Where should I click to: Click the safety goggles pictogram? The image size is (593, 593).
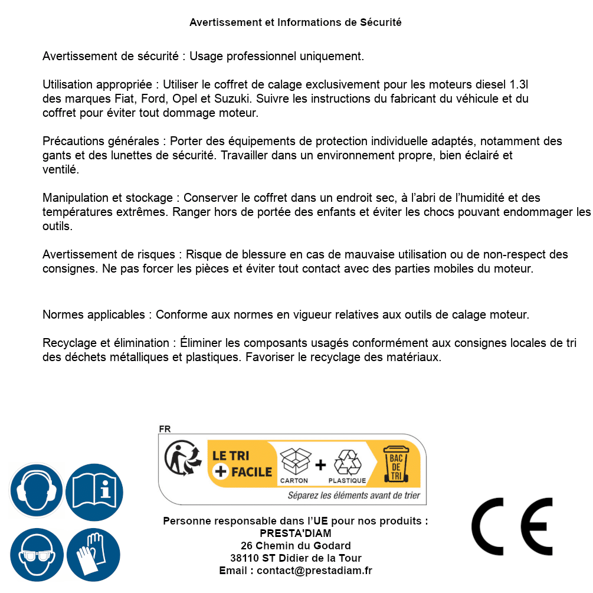[x=36, y=555]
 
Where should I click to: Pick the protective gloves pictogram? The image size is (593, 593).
[x=93, y=555]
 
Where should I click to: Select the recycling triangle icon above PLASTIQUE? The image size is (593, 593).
[x=347, y=461]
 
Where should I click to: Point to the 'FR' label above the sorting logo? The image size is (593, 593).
[x=165, y=429]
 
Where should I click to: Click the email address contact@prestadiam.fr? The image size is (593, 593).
[x=314, y=571]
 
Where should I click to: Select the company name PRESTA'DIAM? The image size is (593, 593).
[x=296, y=533]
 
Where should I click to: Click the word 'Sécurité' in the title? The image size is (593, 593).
[x=381, y=22]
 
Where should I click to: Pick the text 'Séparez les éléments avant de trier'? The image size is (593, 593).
[x=353, y=496]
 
